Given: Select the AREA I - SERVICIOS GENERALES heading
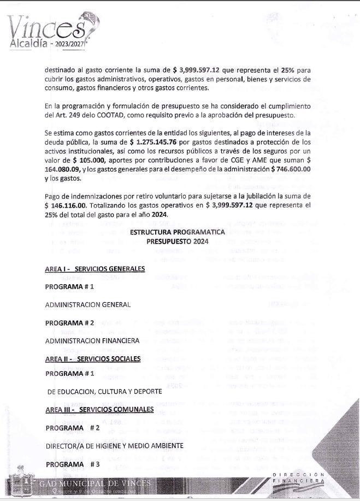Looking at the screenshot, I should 95,269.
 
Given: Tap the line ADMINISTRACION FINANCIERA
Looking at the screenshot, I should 92,340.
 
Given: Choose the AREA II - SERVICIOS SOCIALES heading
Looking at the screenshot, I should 93,358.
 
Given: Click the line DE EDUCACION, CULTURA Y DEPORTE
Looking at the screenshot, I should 104,392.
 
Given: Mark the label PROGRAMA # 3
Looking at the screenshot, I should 73,464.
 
